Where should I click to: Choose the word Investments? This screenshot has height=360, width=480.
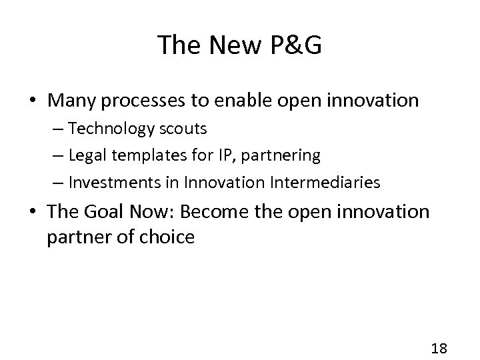coord(117,182)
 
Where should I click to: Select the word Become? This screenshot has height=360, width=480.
coord(210,212)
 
